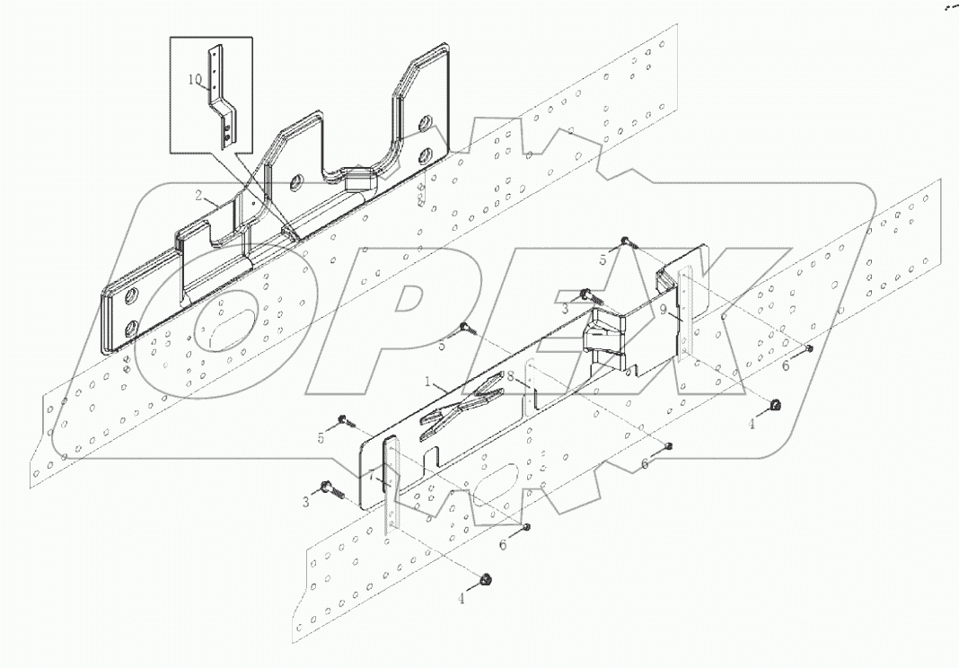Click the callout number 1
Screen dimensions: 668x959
click(432, 382)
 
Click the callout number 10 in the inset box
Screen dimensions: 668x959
click(196, 79)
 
